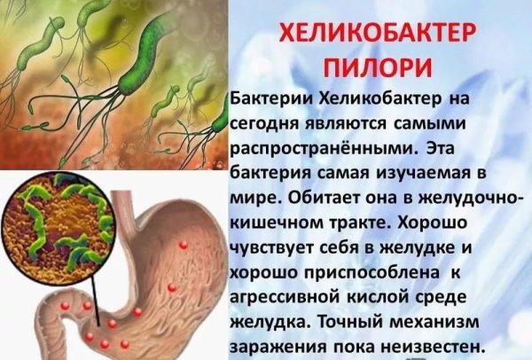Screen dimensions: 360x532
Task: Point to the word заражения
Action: pyautogui.click(x=271, y=339)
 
